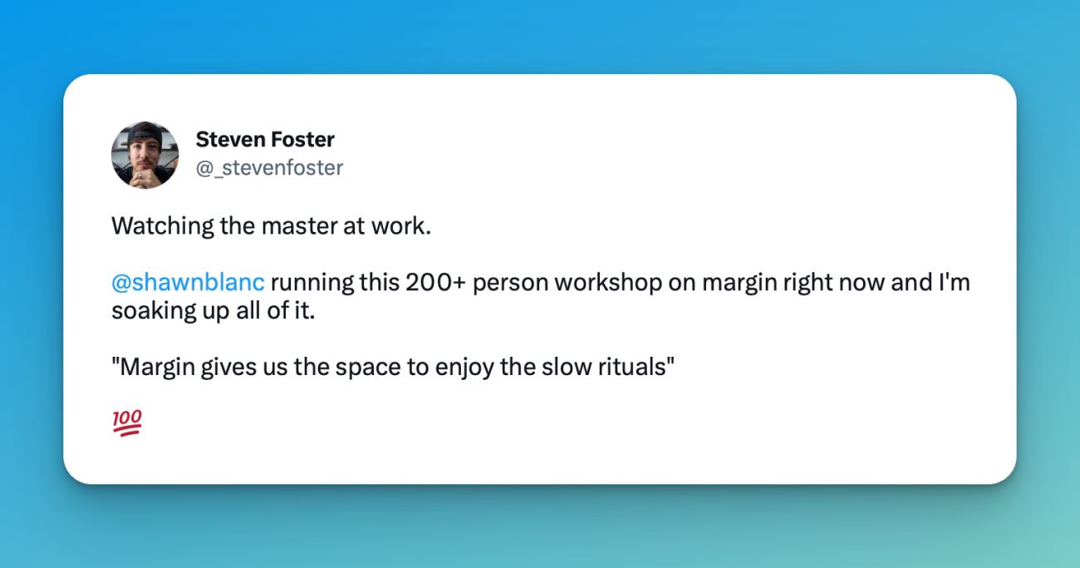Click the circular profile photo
pos(145,155)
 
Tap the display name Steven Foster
pos(265,140)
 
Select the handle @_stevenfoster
pos(269,168)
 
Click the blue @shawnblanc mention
pos(188,282)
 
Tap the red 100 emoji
pos(127,422)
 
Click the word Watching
pos(163,226)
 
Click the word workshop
pos(608,283)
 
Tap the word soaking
pos(154,311)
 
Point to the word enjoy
pos(464,368)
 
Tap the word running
pos(312,283)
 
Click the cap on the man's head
pos(145,133)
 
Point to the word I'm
pos(955,282)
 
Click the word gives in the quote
pos(228,368)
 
